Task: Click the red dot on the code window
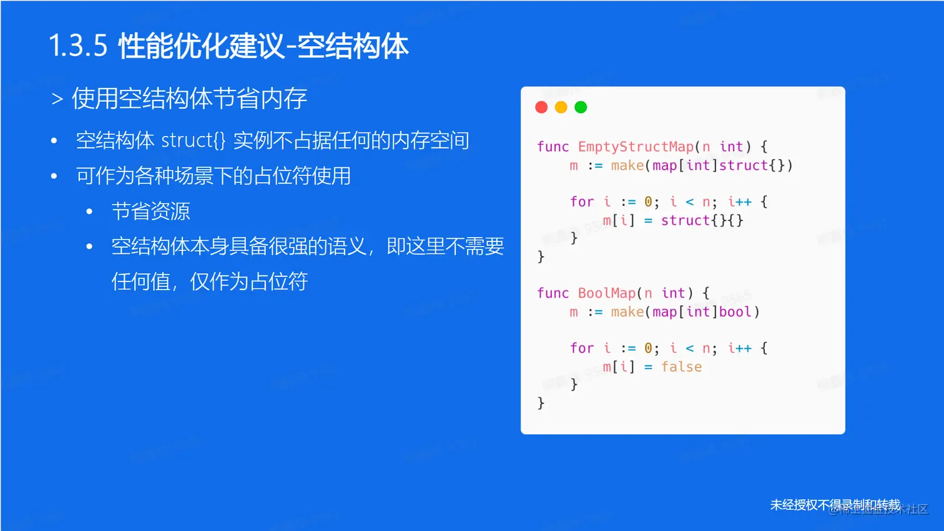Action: coord(541,107)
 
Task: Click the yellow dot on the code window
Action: coord(561,107)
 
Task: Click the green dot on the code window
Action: coord(581,107)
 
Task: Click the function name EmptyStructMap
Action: coord(636,147)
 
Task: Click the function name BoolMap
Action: coord(606,293)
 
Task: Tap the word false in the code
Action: coord(681,367)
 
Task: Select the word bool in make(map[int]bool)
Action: coord(735,312)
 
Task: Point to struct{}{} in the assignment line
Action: coord(702,220)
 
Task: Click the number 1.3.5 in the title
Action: coord(78,47)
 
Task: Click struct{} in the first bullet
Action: coord(193,140)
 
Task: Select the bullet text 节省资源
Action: coord(150,212)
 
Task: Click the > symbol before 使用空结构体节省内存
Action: coord(57,99)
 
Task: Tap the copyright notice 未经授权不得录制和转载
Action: coord(835,504)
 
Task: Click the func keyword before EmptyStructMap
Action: coord(553,147)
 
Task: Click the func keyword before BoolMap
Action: coord(553,293)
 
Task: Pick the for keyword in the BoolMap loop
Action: coord(581,348)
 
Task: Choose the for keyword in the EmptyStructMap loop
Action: coord(581,202)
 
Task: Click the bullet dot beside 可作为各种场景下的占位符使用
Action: coord(54,177)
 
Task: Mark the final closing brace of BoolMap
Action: coord(541,403)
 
